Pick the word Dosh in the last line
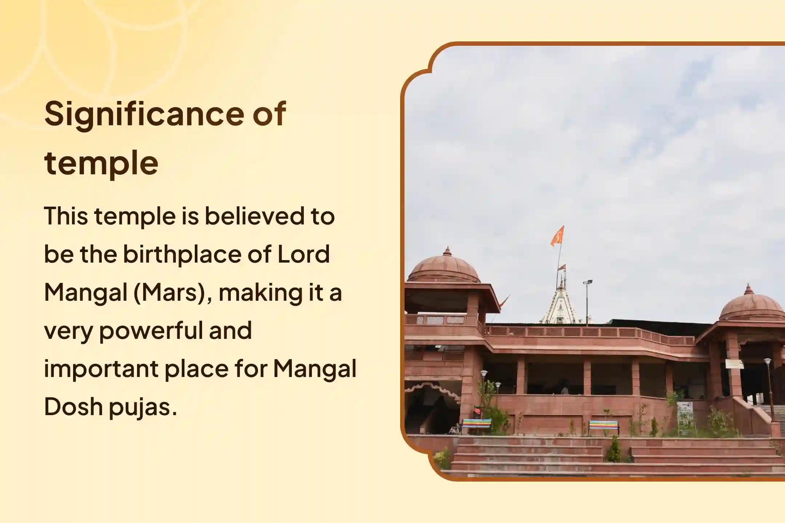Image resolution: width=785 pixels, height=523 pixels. click(73, 406)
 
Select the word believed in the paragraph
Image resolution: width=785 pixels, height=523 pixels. click(254, 216)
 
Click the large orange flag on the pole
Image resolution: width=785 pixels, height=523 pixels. click(557, 235)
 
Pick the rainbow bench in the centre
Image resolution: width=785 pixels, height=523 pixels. click(603, 425)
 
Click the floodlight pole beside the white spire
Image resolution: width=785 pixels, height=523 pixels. click(587, 301)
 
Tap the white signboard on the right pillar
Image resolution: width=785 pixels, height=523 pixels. click(734, 364)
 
